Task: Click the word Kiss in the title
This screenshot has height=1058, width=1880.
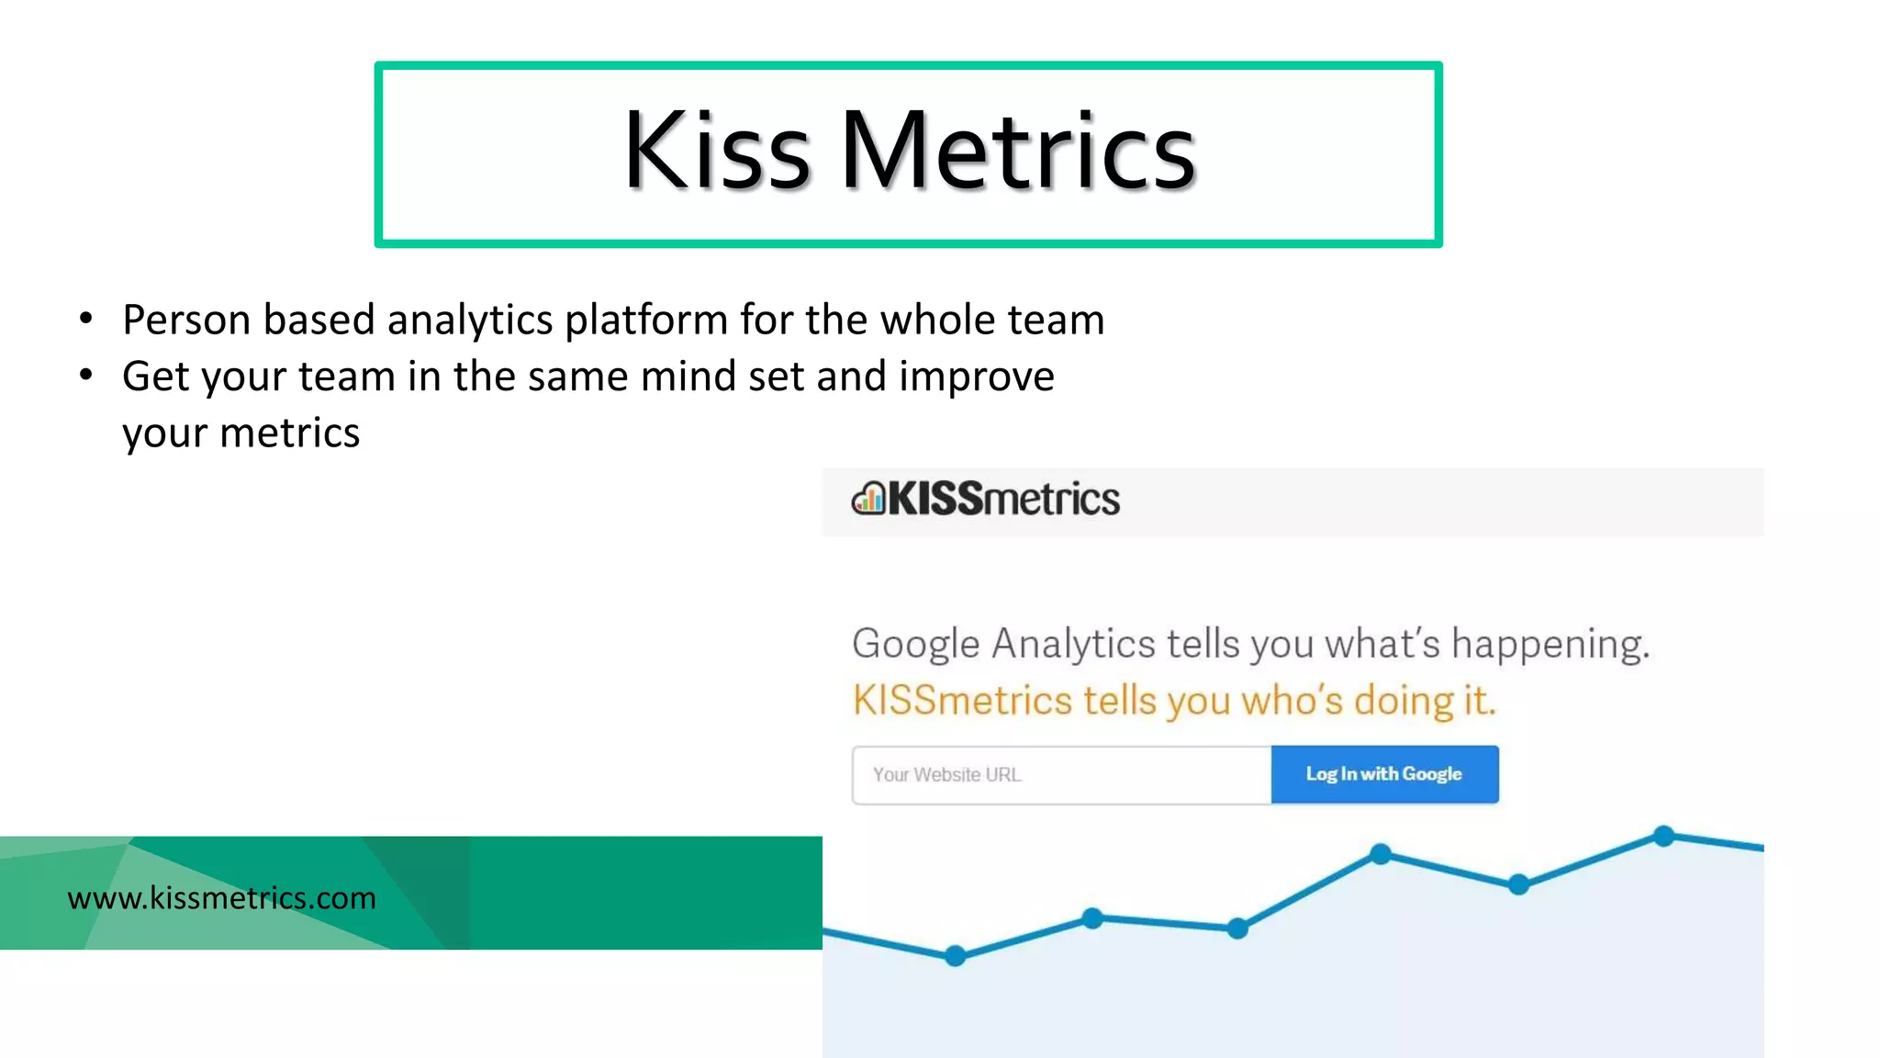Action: pos(716,152)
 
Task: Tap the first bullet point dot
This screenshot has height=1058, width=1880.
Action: pos(86,319)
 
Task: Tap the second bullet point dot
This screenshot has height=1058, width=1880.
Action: pos(86,375)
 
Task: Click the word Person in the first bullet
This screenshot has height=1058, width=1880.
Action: pos(186,321)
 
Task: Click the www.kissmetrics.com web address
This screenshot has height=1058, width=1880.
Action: pos(221,897)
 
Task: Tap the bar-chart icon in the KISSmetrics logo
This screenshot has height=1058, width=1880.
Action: pos(868,499)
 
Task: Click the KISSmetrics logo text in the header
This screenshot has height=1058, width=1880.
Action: pos(1003,499)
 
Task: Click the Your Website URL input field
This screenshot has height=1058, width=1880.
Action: pos(1060,775)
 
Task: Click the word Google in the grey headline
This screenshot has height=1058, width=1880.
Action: pos(915,644)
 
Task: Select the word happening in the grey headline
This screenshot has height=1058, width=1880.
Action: pos(1550,644)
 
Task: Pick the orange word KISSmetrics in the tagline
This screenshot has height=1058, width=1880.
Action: pos(961,701)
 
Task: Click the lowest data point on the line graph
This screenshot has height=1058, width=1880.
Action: pos(956,956)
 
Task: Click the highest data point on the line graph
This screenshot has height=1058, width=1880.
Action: pos(1663,836)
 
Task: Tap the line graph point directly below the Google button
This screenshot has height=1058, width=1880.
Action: pos(1381,854)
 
